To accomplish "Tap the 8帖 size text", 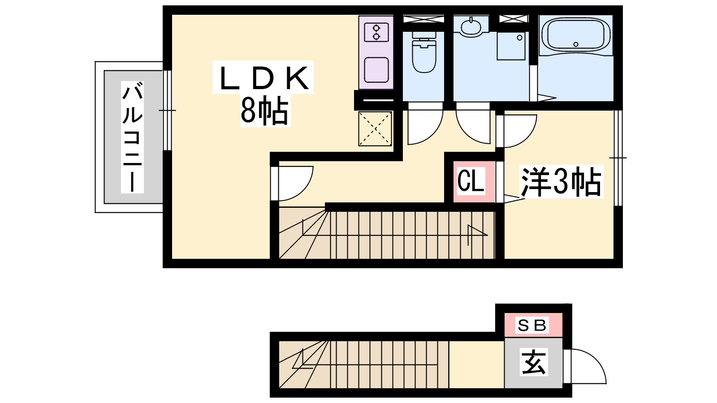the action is point(264,111).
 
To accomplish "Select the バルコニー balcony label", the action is point(132,137).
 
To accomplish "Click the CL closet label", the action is point(470,181).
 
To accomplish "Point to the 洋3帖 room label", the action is point(561,181).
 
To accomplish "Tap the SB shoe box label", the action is point(532,326).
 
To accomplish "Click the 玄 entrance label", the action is point(533,362).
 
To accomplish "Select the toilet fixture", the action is point(424,52).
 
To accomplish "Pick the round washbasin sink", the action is point(471,26).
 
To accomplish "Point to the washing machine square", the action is point(511,46).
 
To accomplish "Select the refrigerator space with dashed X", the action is point(375,129).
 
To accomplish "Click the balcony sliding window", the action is point(168,110).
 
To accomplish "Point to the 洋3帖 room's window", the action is point(618,158).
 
